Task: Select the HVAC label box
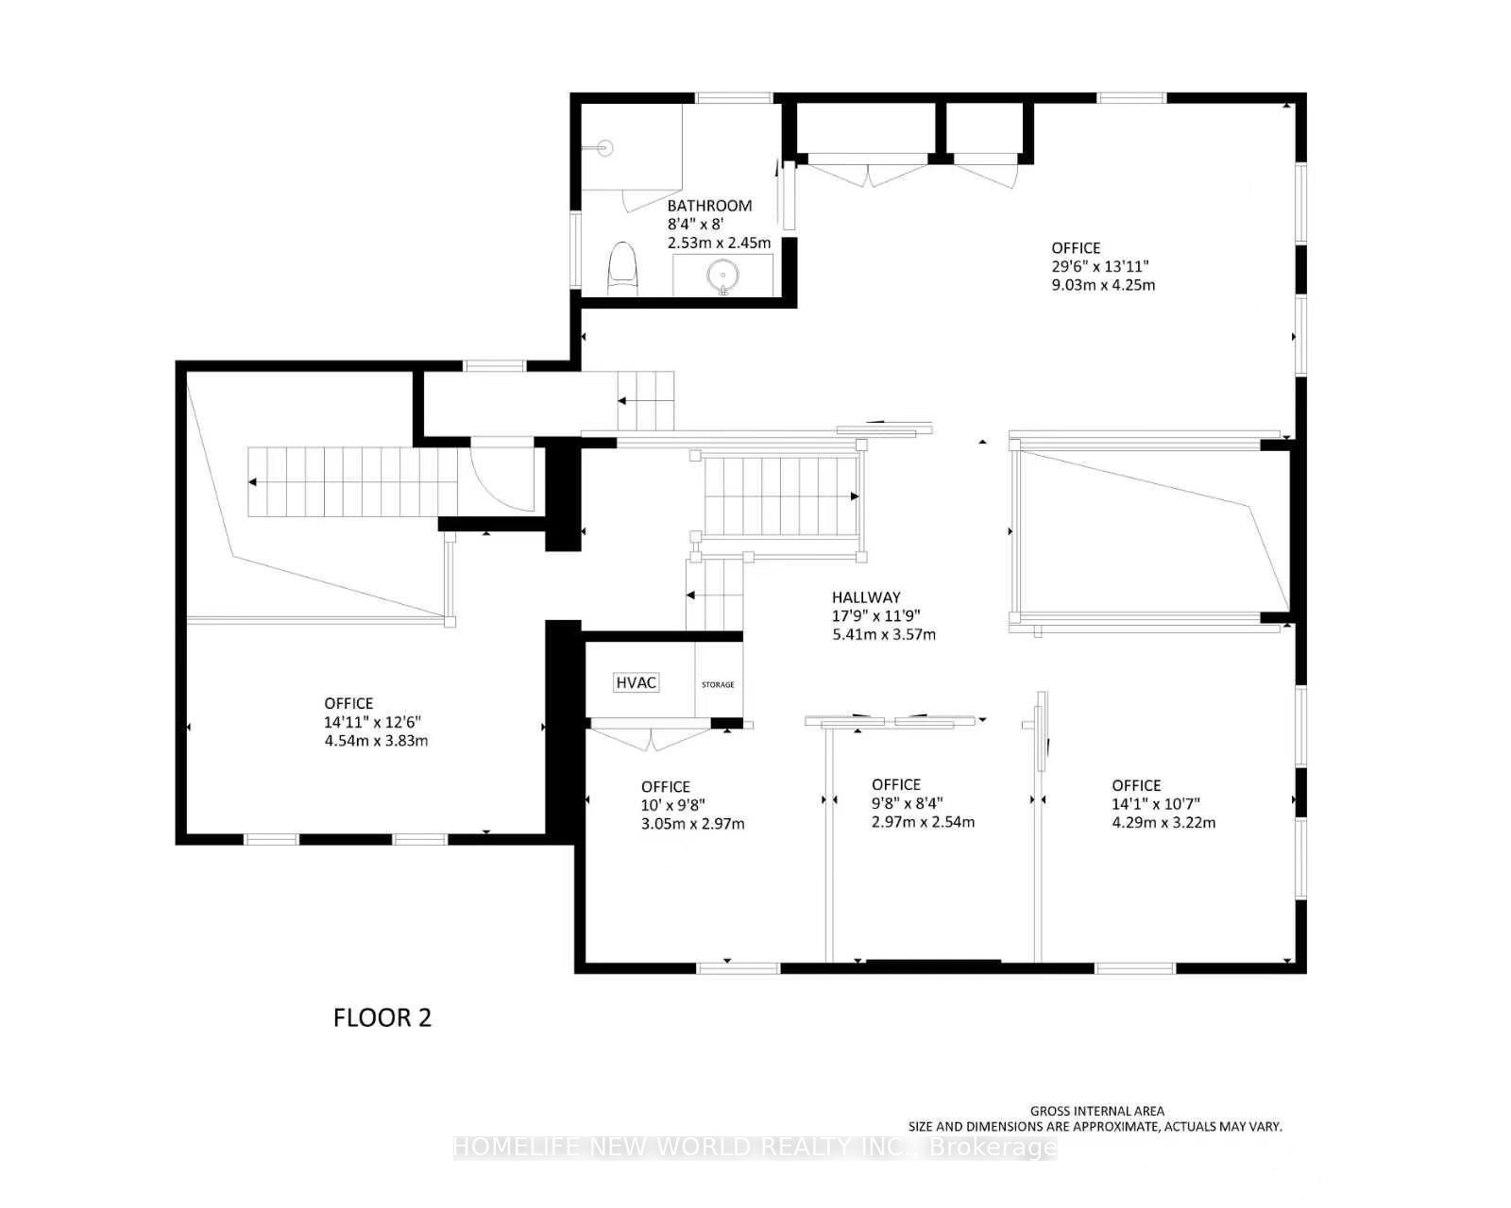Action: pos(637,682)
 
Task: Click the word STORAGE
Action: pos(718,684)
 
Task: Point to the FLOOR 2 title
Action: pos(382,1017)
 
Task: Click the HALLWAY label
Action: pos(866,597)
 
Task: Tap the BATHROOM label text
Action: pos(709,206)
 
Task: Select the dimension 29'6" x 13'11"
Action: pos(1099,267)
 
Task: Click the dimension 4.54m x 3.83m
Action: pos(376,741)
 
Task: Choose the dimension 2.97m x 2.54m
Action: pos(923,822)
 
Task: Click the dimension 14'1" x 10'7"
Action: pos(1156,804)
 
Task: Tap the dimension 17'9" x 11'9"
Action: pos(875,616)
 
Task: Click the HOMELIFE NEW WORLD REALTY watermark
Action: pos(755,1147)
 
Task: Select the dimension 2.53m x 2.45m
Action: pos(719,243)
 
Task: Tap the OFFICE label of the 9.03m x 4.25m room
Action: pos(1076,248)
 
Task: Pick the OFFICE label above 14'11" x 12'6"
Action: pos(348,703)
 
